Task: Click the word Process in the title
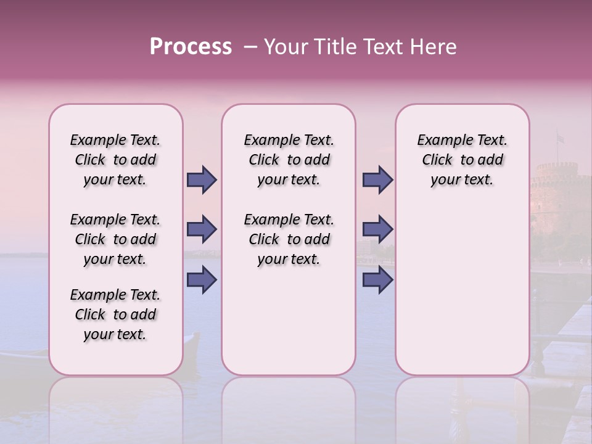[191, 46]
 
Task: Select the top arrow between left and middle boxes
[202, 179]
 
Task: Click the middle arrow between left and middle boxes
[202, 229]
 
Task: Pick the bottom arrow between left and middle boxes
[202, 279]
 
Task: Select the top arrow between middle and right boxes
[377, 179]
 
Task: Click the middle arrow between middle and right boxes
[377, 229]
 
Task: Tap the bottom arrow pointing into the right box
[377, 279]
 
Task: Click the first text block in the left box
[115, 160]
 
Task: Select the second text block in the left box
[115, 239]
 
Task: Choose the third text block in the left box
[115, 314]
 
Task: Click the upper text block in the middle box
[289, 160]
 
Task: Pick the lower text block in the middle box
[289, 239]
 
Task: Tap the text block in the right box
[462, 160]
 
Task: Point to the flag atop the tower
[560, 138]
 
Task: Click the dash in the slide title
[250, 47]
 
